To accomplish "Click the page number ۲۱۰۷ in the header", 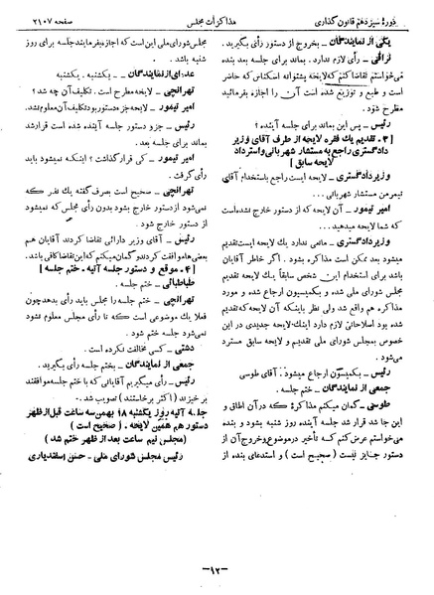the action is [46, 22].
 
